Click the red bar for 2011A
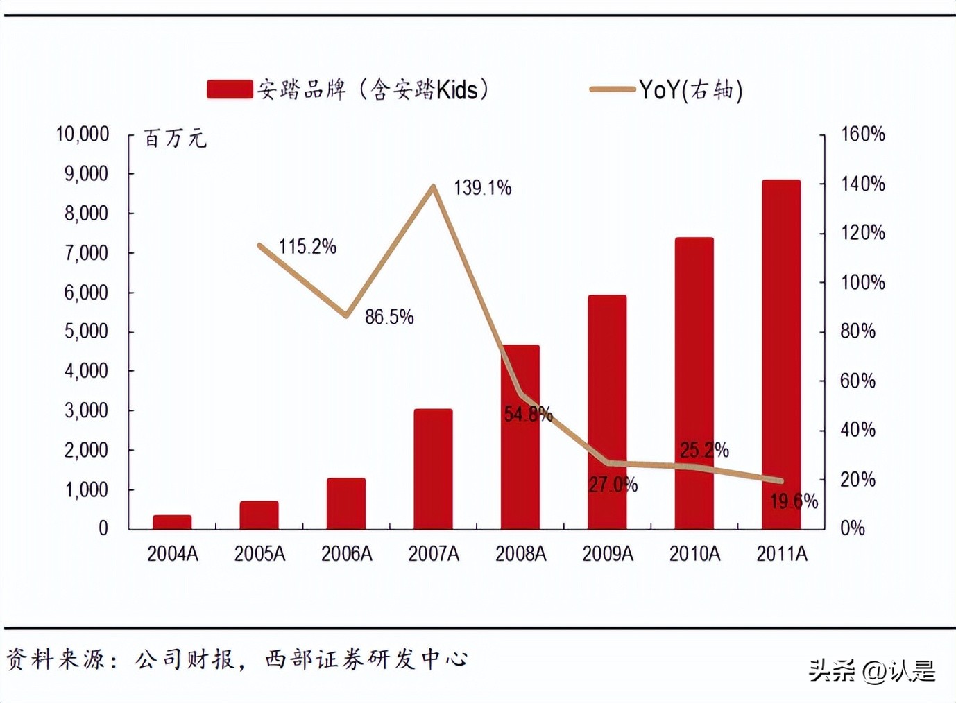click(x=781, y=354)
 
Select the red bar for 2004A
click(x=172, y=522)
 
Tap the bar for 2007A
click(x=433, y=469)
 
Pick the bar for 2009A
click(x=607, y=413)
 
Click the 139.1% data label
click(x=482, y=188)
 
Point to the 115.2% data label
click(x=307, y=247)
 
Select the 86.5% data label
click(x=389, y=318)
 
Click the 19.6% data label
click(x=794, y=501)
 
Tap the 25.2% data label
click(x=704, y=451)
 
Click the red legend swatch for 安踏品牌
click(x=230, y=89)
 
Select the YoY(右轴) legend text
click(x=690, y=90)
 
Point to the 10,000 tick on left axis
click(x=83, y=134)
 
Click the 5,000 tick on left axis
click(x=87, y=331)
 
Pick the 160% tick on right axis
click(x=862, y=134)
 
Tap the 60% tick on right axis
click(x=857, y=381)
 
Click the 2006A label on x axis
click(x=346, y=554)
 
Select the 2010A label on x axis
click(x=694, y=554)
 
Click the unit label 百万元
click(x=175, y=139)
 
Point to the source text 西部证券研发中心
click(x=366, y=659)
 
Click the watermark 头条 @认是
click(x=871, y=670)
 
